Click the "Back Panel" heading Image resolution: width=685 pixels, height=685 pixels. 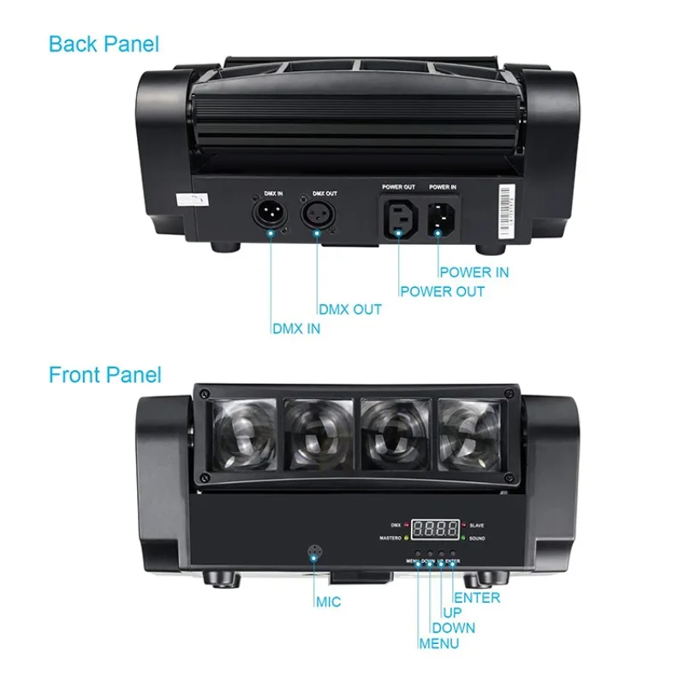coord(104,43)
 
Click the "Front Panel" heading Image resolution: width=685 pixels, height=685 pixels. coord(104,374)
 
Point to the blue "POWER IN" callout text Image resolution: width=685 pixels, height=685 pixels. coord(474,272)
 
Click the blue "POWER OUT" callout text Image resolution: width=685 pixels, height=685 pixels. coord(442,291)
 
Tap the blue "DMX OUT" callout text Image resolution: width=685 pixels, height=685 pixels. coord(350,310)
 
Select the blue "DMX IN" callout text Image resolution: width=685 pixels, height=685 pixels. coord(295,329)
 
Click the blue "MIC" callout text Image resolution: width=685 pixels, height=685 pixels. coord(327,602)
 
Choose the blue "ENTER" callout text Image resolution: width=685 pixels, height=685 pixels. coord(477,598)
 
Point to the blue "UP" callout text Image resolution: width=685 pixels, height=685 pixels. coord(452,613)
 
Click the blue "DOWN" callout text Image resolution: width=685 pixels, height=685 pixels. coord(453,628)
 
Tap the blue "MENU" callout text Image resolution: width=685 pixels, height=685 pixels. coord(438,644)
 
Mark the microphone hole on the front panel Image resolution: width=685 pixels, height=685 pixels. coord(313,552)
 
